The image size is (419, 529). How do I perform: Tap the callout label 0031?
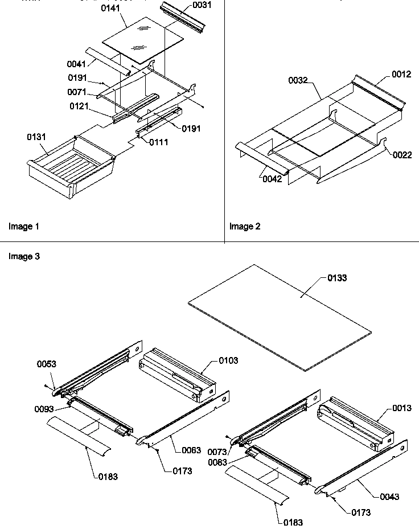tap(202, 5)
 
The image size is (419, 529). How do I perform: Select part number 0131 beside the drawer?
tap(37, 137)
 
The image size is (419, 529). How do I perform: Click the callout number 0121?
tap(80, 106)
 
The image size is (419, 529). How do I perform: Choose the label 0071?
tap(77, 92)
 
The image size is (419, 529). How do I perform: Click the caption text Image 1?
tap(24, 227)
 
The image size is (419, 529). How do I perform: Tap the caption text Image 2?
tap(245, 227)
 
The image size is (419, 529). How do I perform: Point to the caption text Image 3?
tap(24, 257)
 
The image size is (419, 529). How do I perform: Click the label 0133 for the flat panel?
tap(337, 278)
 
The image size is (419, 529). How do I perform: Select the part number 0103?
tap(228, 360)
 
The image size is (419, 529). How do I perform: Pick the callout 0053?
tap(47, 364)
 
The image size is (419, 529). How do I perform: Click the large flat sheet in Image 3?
tap(279, 319)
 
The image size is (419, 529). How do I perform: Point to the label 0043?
tap(389, 497)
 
